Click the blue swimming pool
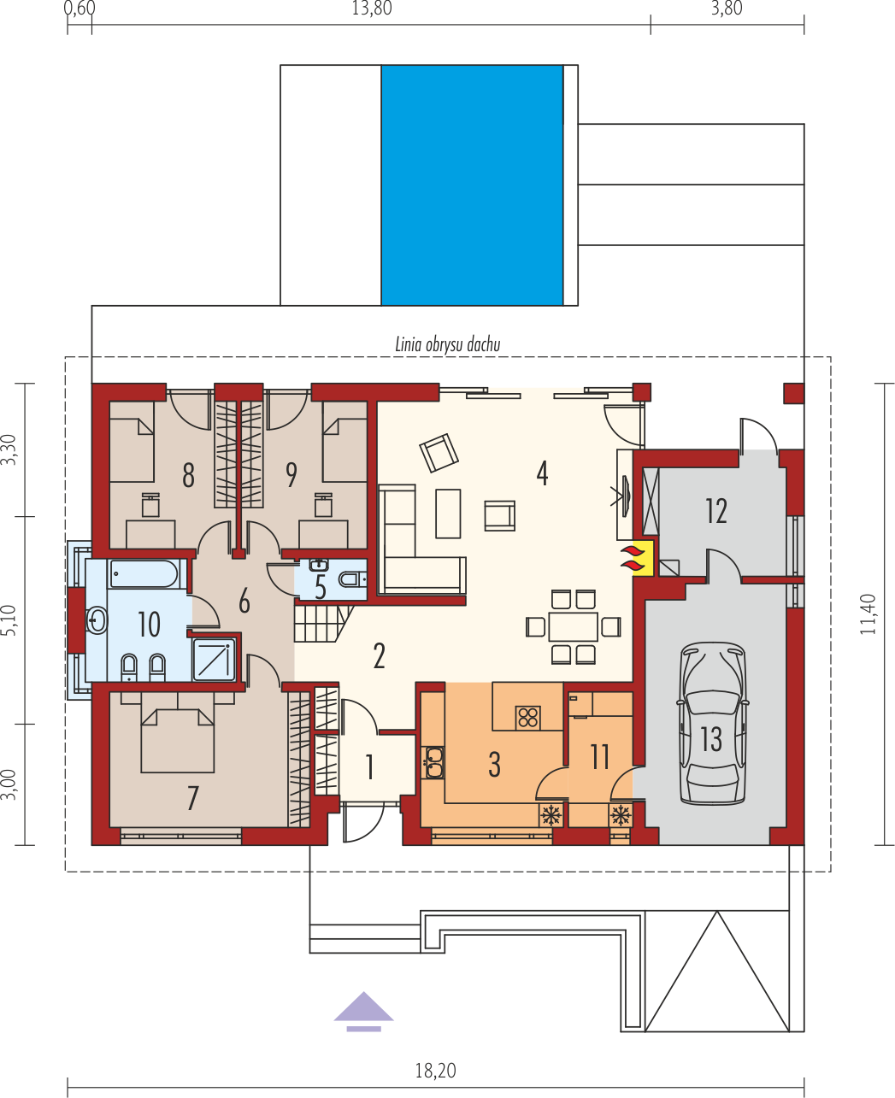tap(472, 185)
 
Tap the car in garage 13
tap(711, 724)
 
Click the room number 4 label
tap(542, 473)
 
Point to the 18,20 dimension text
tap(436, 1070)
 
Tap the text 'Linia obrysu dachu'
tap(447, 345)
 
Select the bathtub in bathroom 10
tap(144, 573)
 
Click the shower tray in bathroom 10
tap(214, 659)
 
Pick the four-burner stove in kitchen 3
tap(527, 717)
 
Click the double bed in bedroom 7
tap(177, 738)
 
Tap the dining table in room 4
tap(573, 626)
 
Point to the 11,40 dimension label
tap(869, 614)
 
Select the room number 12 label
tap(716, 511)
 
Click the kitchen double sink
tap(433, 762)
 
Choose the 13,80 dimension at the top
tap(371, 9)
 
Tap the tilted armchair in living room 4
tap(439, 452)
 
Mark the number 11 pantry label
tap(600, 756)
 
